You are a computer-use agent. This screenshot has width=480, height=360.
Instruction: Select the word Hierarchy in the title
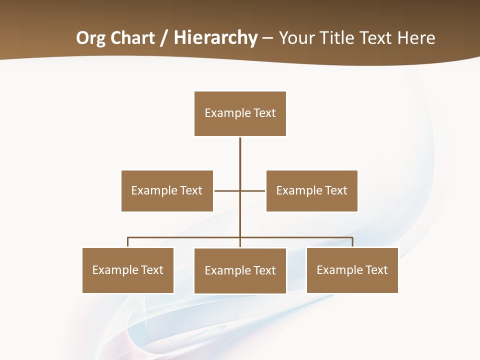click(215, 38)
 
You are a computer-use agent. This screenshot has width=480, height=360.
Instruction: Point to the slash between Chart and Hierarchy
click(164, 38)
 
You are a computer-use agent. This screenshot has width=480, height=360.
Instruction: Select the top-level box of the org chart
click(240, 113)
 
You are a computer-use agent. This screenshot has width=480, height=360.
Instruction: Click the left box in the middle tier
click(167, 190)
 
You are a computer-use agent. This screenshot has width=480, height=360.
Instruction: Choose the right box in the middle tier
click(311, 190)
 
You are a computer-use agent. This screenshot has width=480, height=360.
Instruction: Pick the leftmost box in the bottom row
click(128, 270)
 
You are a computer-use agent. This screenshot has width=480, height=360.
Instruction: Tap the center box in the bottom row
click(240, 270)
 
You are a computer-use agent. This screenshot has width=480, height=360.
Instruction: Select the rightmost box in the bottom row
click(352, 270)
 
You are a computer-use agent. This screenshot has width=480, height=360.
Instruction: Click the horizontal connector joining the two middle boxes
click(227, 190)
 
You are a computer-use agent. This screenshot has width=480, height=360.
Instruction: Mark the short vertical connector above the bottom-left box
click(128, 242)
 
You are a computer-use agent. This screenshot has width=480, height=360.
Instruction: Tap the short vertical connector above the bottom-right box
click(352, 242)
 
